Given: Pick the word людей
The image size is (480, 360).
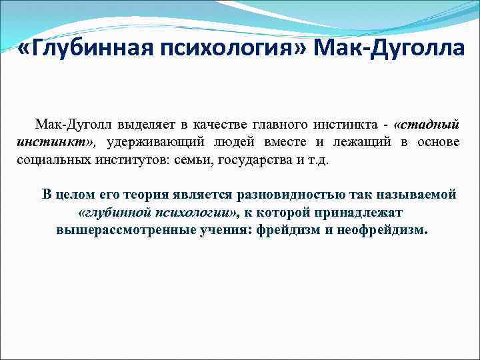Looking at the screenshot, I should click(x=245, y=142).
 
